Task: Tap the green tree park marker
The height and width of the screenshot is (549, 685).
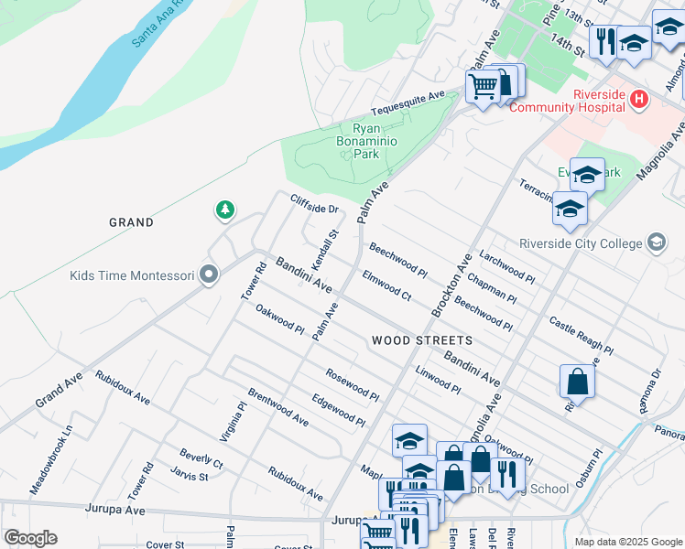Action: coord(224,211)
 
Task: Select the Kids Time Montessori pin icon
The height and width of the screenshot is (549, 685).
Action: coord(209,275)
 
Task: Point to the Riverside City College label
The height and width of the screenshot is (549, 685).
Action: coord(582,243)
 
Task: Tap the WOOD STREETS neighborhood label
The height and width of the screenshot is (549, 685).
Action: coord(422,340)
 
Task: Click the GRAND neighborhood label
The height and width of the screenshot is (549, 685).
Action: coord(131,222)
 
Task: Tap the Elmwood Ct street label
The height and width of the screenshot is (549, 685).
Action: coord(386,285)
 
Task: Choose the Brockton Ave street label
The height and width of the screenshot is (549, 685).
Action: coord(451,285)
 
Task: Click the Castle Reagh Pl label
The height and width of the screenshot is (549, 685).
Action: coord(581,335)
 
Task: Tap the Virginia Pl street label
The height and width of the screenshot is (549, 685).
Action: coord(233,423)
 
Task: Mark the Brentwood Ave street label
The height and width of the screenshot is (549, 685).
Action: coord(277,409)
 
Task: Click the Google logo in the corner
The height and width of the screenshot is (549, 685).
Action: coord(29,538)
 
